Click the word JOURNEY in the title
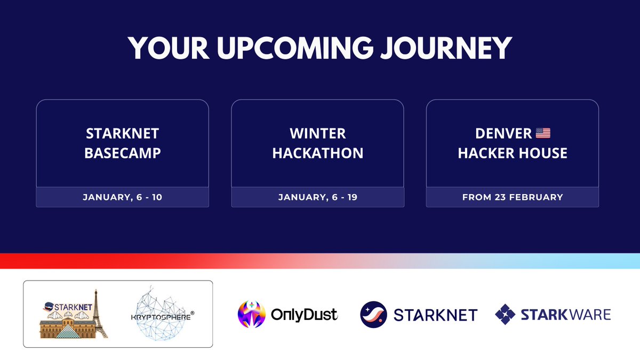446,48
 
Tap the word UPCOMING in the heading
295,47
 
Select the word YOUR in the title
169,47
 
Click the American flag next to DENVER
543,133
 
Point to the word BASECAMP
123,153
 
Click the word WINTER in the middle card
318,133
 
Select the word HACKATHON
318,153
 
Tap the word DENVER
503,133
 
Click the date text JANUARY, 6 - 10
123,197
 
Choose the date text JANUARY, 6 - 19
318,197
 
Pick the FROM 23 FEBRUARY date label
513,197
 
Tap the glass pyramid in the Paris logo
67,331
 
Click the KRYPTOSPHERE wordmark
162,317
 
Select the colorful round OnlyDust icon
251,314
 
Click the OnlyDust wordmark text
305,315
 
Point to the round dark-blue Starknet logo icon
373,314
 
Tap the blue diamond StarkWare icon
505,314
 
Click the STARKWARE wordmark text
566,315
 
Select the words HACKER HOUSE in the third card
513,153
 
